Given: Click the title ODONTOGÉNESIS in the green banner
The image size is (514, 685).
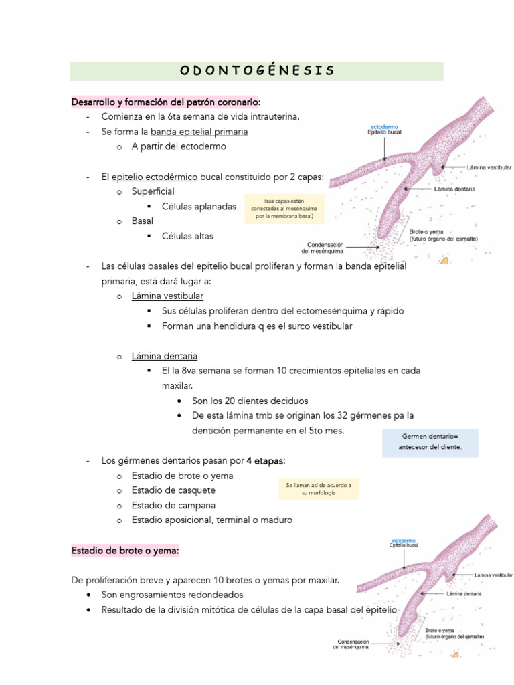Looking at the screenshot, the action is (257, 71).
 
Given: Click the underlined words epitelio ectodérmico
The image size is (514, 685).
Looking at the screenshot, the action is (154, 177).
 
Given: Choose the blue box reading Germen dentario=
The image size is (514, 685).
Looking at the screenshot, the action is (430, 442).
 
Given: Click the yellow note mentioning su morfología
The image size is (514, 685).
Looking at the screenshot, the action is (318, 488).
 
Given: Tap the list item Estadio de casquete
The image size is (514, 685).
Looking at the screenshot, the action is (173, 490).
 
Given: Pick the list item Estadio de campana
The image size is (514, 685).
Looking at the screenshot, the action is (173, 505).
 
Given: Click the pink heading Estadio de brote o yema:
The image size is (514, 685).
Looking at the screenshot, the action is (125, 551).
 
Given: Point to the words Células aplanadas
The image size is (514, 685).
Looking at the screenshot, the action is (199, 207).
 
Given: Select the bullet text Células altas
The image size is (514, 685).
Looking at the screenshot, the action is (188, 236).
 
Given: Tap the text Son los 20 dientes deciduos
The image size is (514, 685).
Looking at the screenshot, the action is (250, 401).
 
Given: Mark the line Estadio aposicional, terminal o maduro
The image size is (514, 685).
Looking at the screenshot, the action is (211, 520).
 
